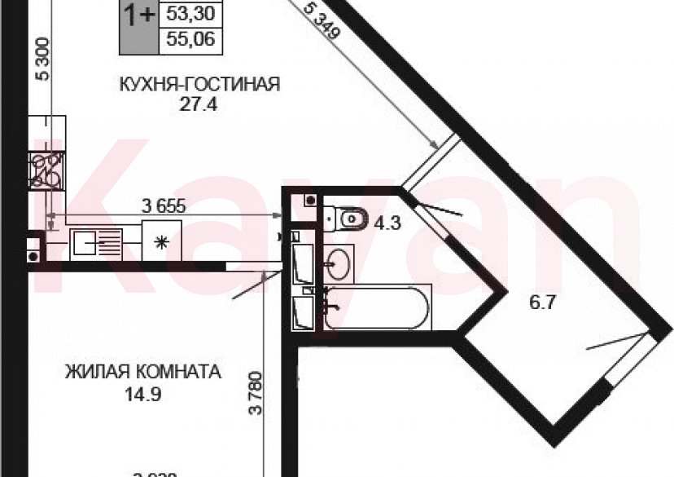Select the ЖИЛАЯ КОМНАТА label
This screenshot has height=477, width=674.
pos(143,373)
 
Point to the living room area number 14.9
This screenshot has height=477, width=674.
pos(143,393)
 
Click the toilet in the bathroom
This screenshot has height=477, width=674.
pos(346,218)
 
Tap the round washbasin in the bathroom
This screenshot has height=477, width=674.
pos(339,263)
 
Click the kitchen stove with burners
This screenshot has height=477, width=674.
pos(46,169)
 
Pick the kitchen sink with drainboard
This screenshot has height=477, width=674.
pos(96,242)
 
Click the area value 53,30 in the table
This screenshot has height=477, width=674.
pos(194,13)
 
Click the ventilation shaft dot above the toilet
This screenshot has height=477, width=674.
pos(309,199)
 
